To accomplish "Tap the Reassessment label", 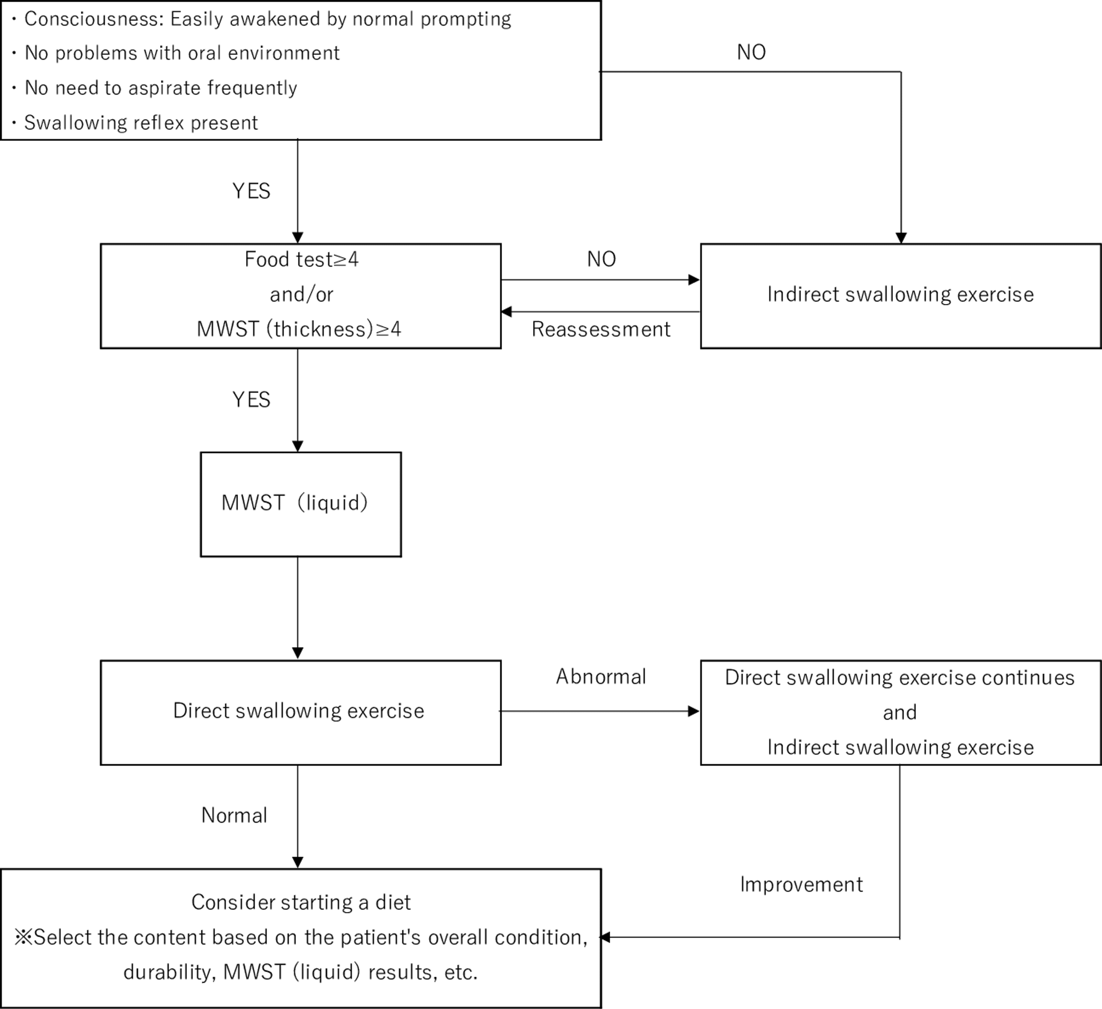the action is [601, 329].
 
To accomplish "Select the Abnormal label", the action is [601, 677].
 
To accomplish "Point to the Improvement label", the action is [802, 884].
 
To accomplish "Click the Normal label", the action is [234, 815].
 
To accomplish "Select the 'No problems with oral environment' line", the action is [182, 53].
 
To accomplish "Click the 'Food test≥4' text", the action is [301, 259].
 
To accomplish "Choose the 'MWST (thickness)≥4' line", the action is [299, 329].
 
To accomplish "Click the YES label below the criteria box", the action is [251, 191].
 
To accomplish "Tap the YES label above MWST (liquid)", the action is [251, 400].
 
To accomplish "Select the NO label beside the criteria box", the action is [751, 53].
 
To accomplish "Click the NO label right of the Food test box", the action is [601, 259].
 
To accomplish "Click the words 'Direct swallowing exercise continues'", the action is [900, 678].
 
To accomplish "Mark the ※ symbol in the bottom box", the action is [24, 937].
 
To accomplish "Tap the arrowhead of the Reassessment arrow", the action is [506, 311].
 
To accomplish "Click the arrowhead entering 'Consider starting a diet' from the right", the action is [605, 937].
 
